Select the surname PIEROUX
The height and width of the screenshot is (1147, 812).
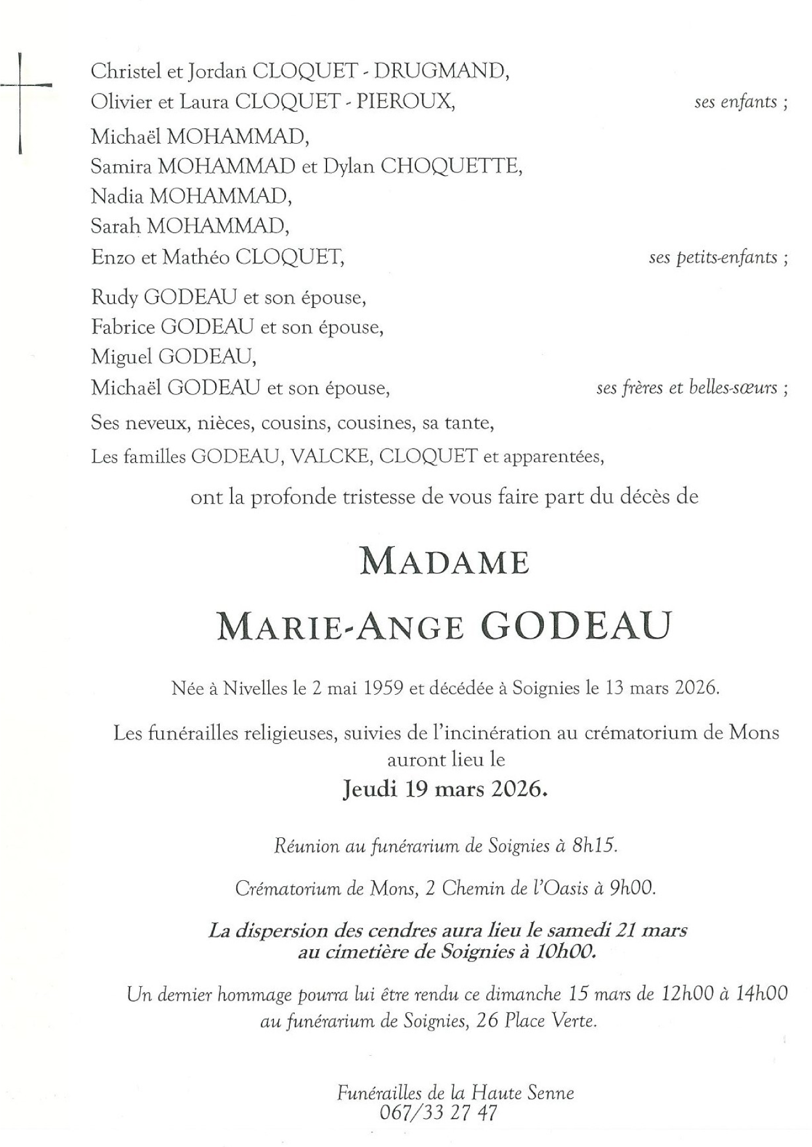[x=406, y=102]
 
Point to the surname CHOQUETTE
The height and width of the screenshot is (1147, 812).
[x=451, y=167]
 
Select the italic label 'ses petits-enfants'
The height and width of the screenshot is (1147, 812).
[x=713, y=257]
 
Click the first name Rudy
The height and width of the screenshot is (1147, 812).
[x=114, y=298]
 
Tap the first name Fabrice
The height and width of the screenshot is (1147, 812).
[x=123, y=327]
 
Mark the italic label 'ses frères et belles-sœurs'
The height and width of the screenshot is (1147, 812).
[x=686, y=388]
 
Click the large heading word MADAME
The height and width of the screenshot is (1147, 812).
[x=444, y=562]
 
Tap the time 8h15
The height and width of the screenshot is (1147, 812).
[x=595, y=846]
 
